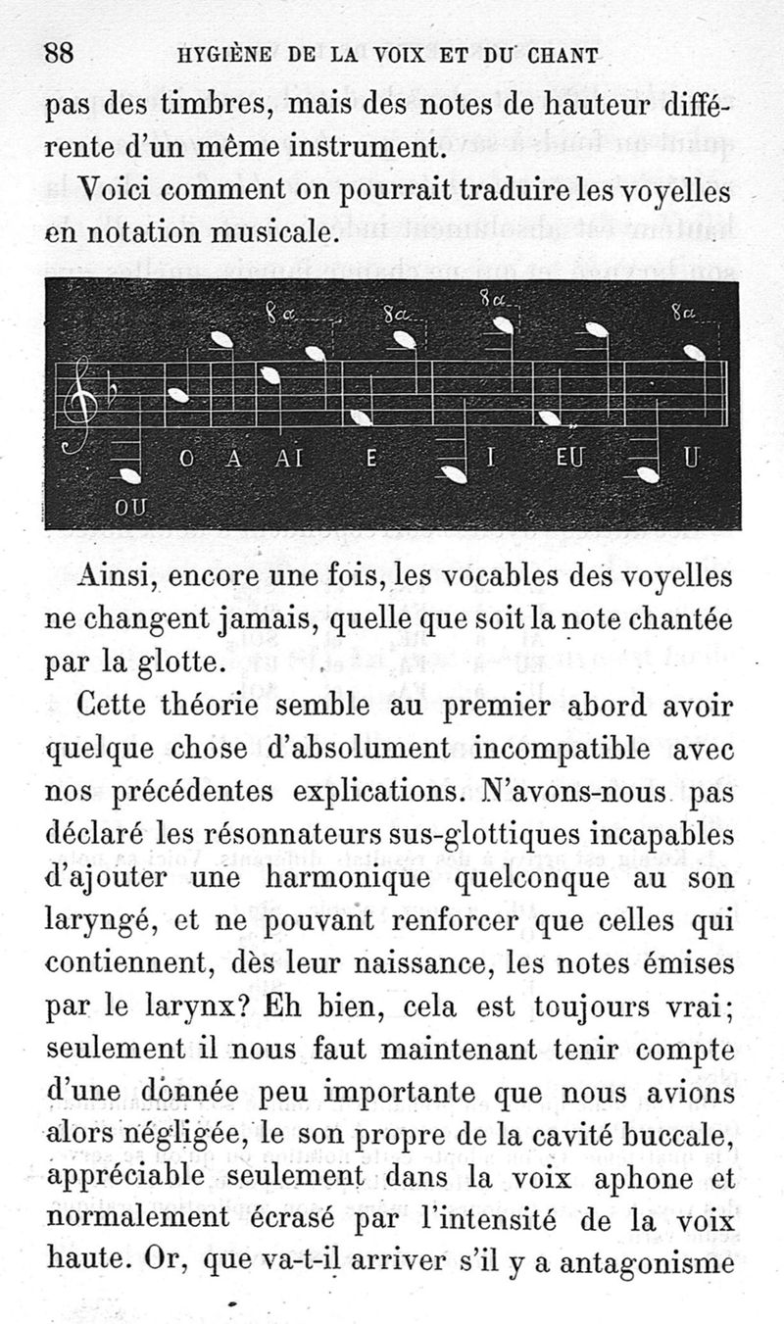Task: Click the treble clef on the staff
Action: click(78, 402)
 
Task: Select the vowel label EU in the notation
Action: click(568, 459)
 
